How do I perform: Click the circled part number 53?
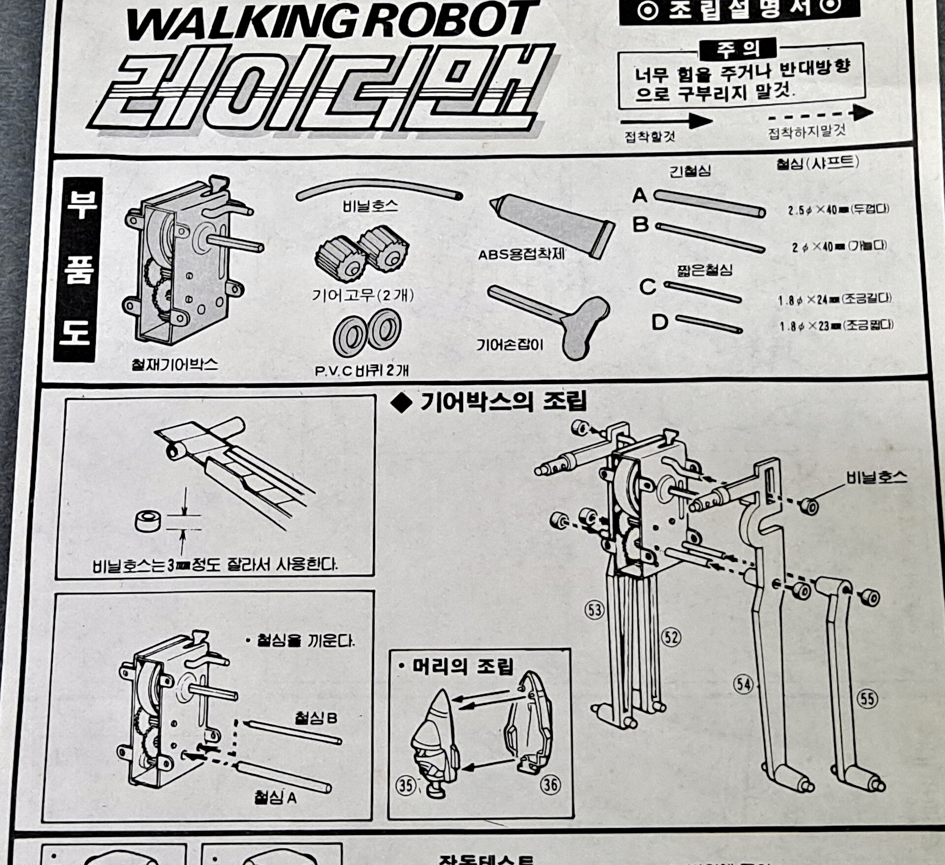[594, 610]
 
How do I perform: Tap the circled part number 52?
[671, 637]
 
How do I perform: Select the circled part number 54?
[743, 684]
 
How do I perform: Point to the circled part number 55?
[867, 699]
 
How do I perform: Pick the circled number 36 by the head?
[550, 785]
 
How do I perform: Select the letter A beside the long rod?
[639, 196]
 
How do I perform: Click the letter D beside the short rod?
[660, 323]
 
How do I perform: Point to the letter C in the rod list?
[648, 286]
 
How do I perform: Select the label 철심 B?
[316, 718]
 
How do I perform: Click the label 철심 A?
[275, 798]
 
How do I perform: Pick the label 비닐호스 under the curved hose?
[370, 206]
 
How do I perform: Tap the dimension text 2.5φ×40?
[812, 210]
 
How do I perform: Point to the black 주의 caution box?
[738, 49]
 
